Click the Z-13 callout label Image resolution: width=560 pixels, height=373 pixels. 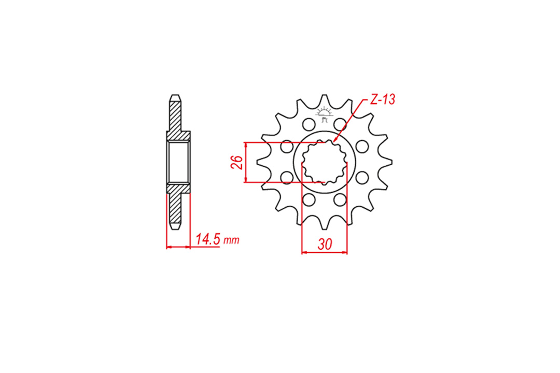click(383, 101)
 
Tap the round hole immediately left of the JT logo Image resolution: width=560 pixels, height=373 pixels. click(308, 124)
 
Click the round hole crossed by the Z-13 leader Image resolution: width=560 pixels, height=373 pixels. click(340, 124)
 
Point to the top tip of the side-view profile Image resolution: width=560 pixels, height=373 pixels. click(175, 97)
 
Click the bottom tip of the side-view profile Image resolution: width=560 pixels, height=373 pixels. click(175, 227)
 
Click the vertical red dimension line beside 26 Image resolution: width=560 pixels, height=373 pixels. click(246, 162)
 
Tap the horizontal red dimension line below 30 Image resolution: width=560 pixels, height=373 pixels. click(325, 253)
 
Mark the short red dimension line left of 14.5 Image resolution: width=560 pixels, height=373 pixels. click(178, 248)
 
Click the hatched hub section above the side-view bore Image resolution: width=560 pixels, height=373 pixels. click(178, 136)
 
